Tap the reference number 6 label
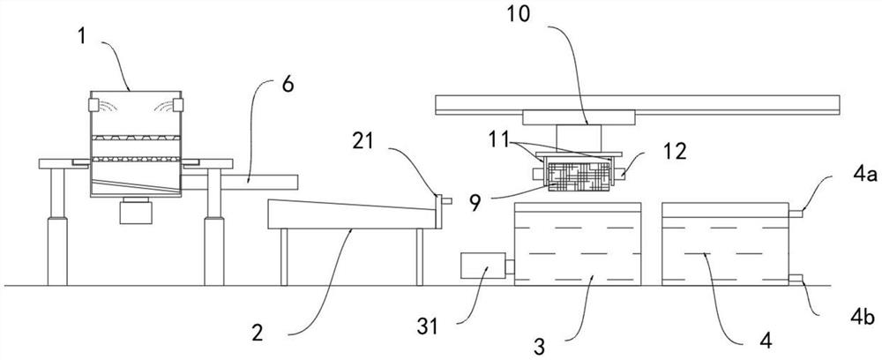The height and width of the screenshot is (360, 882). tap(288, 85)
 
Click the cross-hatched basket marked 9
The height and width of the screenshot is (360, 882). tap(571, 175)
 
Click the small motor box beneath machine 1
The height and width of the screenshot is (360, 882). tap(135, 209)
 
